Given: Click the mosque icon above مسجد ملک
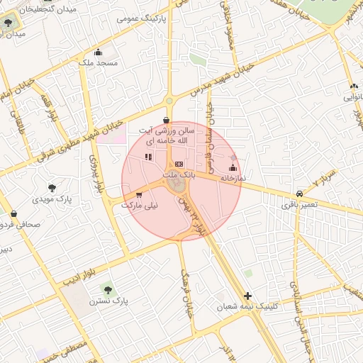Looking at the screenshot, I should coord(98,52).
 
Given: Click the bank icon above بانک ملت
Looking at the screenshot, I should coord(179,164).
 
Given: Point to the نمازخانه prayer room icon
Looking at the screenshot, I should coord(233,168).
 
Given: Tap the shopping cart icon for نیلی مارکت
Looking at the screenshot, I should coord(139,195).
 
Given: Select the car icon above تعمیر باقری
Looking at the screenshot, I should coord(300,193).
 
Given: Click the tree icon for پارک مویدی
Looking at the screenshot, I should coord(52,188).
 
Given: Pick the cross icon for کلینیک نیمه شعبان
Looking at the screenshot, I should coord(247,295).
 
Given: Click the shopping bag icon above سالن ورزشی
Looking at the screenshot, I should coord(166,120).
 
